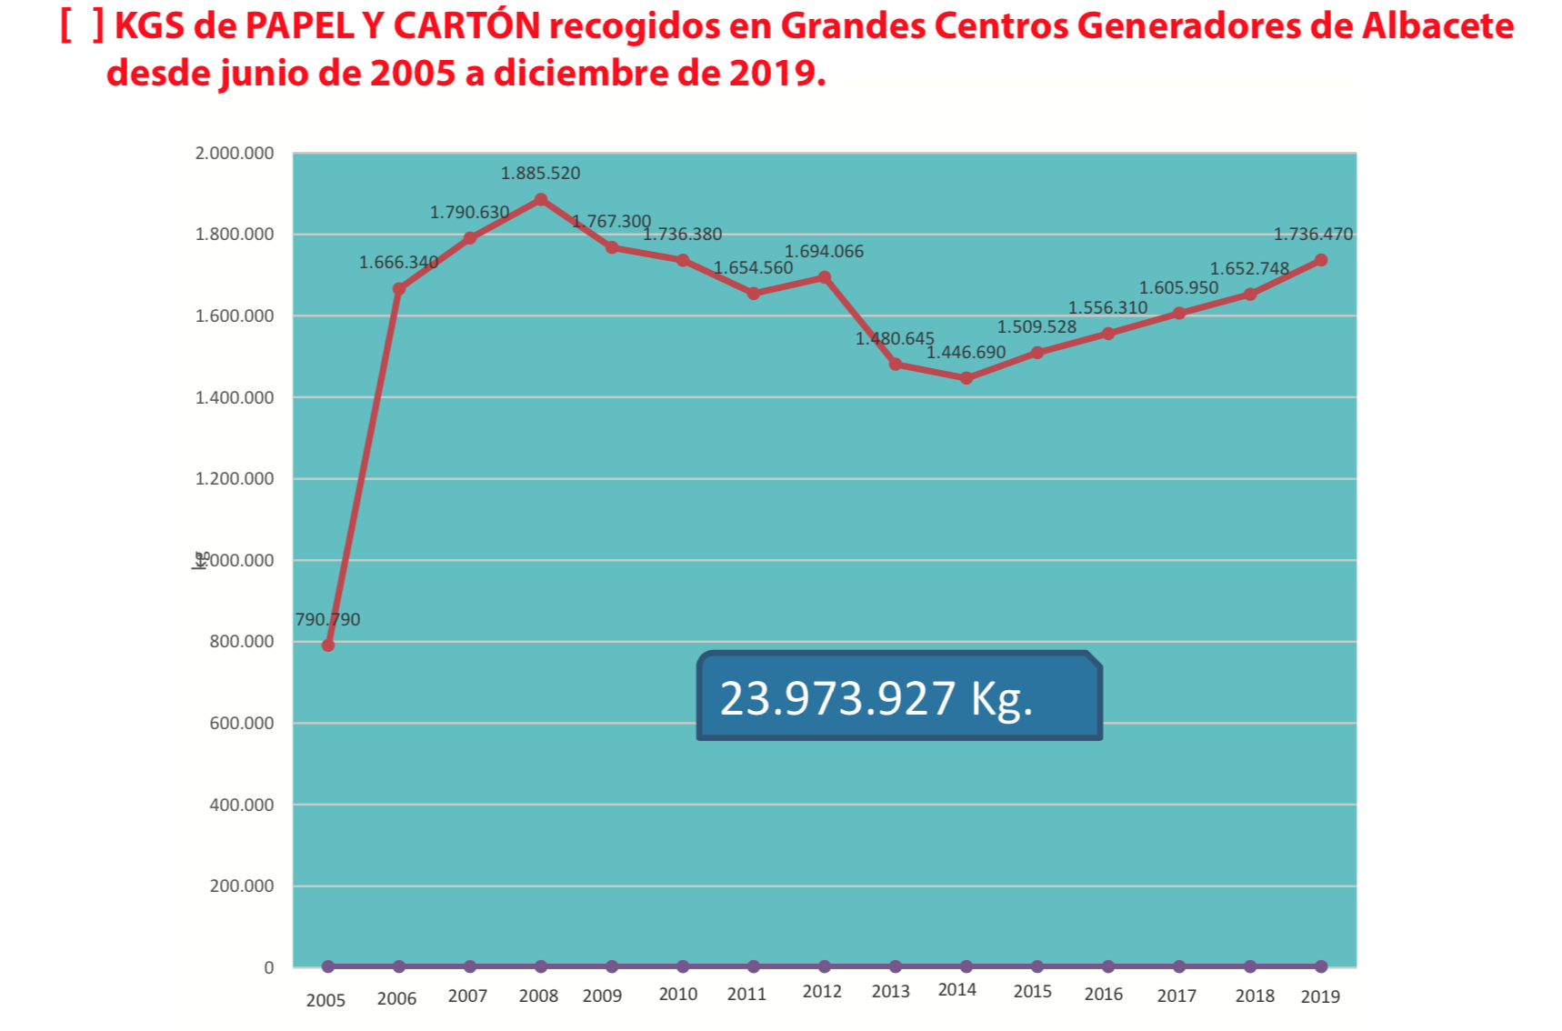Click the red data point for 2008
[x=541, y=200]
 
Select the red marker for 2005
[x=328, y=646]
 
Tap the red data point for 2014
[x=966, y=378]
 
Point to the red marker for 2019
[x=1321, y=260]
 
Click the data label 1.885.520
[x=540, y=173]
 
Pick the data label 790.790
[x=327, y=619]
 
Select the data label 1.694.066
[x=824, y=251]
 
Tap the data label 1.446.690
[x=966, y=352]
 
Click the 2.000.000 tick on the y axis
[x=235, y=153]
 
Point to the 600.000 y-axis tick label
[x=242, y=723]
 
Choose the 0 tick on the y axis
[x=268, y=967]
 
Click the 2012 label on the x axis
[x=822, y=992]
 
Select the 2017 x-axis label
[x=1177, y=996]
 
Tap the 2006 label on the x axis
[x=396, y=998]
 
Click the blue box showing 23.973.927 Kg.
[x=898, y=697]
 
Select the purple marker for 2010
[x=683, y=966]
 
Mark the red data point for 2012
[x=825, y=277]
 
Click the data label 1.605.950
[x=1178, y=287]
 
